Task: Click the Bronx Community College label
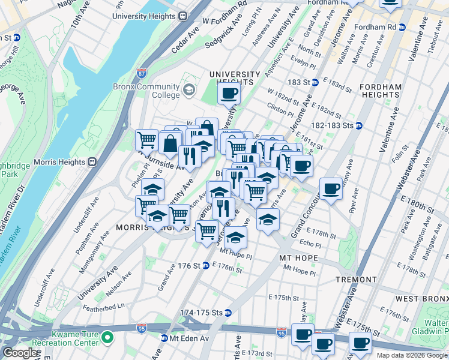coord(146,91)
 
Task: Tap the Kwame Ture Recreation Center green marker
coord(107,338)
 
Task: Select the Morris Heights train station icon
coord(92,161)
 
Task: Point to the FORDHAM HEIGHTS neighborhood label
coord(380,91)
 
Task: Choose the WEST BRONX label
coord(420,298)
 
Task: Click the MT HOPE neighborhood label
coord(298,257)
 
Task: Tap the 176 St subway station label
coord(188,266)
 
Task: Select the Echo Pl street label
coord(310,244)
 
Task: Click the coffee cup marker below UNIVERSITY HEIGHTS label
coord(229,93)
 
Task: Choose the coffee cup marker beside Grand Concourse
coord(331,189)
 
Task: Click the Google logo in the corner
coord(20,353)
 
